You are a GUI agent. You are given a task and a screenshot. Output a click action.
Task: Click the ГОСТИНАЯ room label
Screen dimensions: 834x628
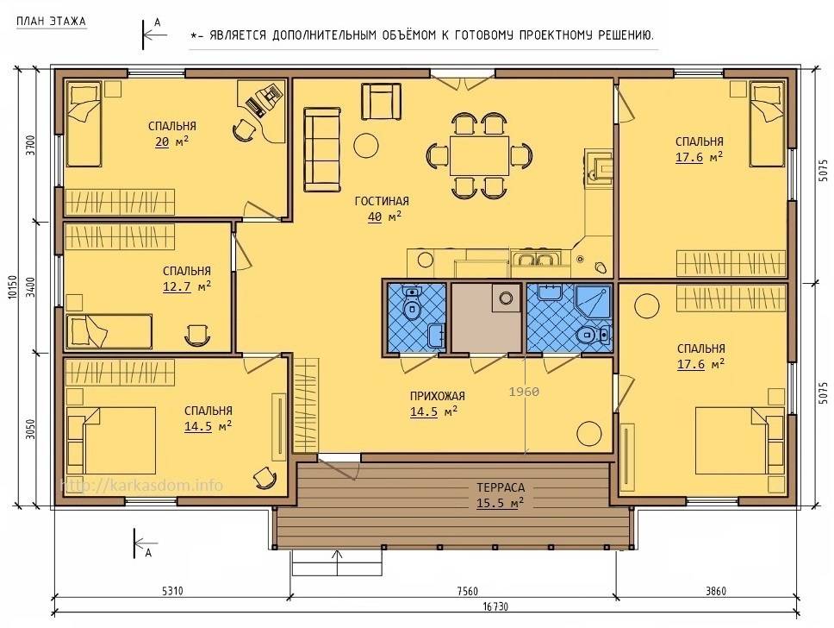382,201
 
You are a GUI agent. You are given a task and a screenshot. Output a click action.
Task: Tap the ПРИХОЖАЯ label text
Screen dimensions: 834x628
437,396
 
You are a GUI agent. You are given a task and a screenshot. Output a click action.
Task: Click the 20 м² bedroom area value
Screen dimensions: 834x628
171,141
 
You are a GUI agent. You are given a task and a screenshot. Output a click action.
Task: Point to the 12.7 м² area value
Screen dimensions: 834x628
187,286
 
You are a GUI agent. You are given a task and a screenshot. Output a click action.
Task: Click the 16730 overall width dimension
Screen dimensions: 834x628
495,606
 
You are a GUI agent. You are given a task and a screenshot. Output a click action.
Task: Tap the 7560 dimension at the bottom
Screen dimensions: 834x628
468,591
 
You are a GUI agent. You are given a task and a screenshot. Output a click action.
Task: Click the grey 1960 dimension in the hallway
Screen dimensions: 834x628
524,392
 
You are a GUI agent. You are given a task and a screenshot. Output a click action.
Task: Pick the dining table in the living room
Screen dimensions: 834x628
479,155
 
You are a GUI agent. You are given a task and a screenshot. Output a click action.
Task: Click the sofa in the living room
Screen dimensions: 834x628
322,149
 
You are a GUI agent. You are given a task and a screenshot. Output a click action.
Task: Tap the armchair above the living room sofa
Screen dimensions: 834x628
382,101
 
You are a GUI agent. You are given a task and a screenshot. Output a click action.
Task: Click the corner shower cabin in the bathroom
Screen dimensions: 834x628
593,301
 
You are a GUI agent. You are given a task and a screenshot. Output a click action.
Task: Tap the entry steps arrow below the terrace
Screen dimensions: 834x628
336,562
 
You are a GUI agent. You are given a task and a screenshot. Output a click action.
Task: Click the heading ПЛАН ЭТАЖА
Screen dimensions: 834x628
51,22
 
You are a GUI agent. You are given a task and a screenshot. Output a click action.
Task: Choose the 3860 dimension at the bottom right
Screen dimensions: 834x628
715,591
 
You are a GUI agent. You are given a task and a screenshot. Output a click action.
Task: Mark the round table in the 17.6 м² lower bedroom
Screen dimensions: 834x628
647,305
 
